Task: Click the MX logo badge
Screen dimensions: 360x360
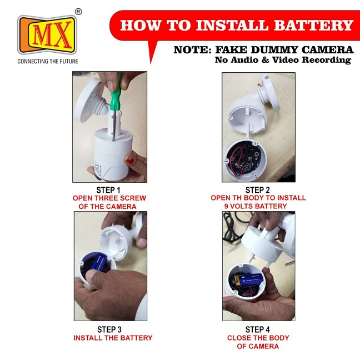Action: coord(47,34)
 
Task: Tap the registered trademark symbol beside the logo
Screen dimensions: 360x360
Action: coord(78,12)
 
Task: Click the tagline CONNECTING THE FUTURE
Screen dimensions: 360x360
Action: coord(48,61)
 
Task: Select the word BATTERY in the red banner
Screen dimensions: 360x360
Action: coord(313,25)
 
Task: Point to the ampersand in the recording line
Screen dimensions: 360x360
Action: coord(265,60)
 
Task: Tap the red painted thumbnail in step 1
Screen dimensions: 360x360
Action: coord(129,159)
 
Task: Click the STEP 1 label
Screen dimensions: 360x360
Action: coord(108,190)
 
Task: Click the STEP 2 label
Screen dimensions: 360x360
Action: coord(258,190)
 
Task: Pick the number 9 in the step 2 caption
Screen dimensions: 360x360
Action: coord(226,206)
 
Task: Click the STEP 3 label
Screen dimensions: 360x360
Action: coord(109,329)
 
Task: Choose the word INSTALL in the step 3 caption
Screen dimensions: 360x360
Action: coord(88,338)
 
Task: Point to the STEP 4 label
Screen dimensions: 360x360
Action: coord(258,329)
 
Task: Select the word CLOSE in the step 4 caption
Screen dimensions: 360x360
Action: coord(238,338)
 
